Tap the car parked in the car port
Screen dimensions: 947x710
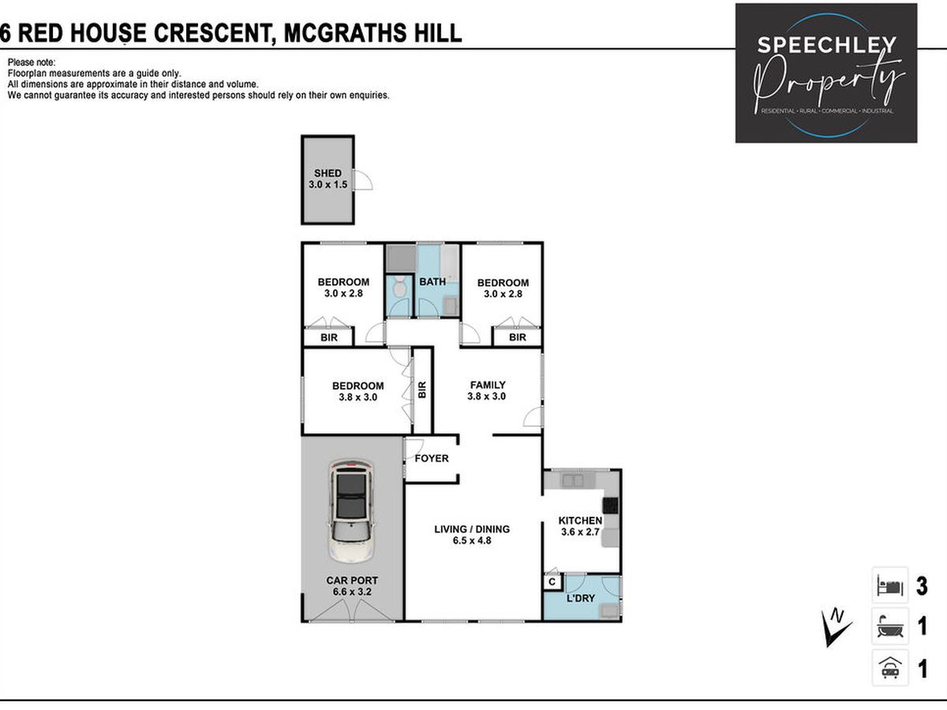point(352,511)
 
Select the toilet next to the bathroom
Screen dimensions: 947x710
point(399,286)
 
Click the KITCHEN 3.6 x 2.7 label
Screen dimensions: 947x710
point(580,526)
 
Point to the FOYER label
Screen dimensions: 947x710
point(432,458)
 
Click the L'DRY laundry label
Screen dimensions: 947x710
point(580,598)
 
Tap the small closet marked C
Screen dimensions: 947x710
point(552,582)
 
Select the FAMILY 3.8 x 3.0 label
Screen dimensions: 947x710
point(488,390)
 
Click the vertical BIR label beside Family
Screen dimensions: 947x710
point(422,390)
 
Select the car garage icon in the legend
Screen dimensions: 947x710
point(890,668)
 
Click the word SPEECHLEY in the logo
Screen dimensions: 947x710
point(826,45)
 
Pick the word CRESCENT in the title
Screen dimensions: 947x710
point(214,33)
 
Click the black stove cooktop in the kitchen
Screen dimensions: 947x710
point(610,505)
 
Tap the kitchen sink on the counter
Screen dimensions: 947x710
point(572,480)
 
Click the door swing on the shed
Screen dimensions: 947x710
point(362,179)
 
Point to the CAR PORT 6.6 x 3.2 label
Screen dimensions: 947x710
point(352,586)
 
